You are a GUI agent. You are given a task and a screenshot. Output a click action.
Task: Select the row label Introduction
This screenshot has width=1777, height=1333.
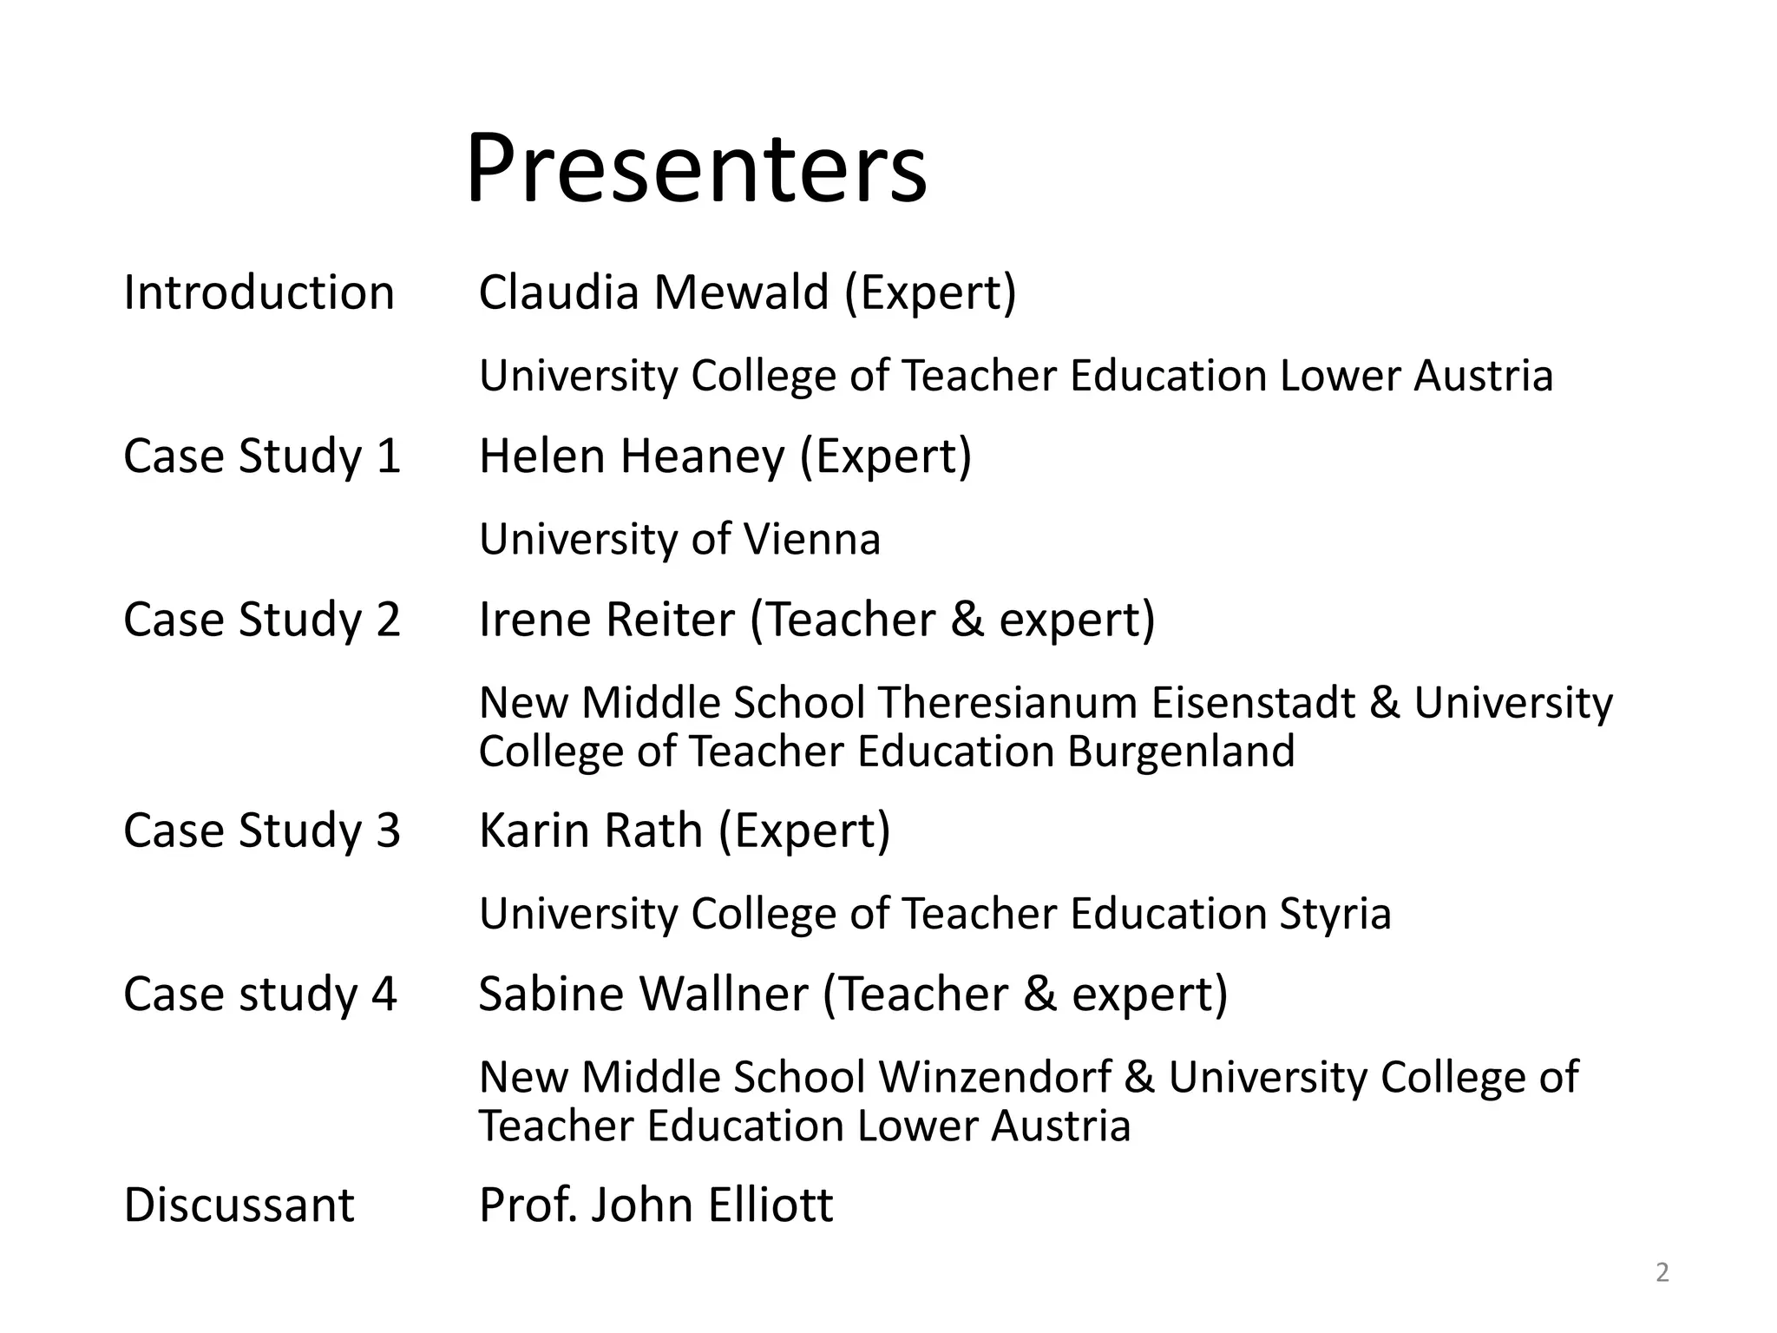coord(259,292)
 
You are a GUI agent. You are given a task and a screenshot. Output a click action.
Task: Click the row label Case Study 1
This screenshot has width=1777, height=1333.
coord(261,456)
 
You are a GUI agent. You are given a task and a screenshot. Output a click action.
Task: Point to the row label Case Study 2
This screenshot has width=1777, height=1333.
coord(261,620)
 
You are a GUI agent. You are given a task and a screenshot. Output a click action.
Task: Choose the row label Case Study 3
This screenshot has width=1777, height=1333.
coord(261,831)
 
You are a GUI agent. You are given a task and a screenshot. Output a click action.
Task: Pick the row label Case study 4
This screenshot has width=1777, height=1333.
coord(259,994)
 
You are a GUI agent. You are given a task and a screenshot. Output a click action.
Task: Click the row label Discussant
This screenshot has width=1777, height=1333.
coord(239,1205)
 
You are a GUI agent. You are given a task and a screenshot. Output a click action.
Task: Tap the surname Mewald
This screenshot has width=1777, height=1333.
coord(742,292)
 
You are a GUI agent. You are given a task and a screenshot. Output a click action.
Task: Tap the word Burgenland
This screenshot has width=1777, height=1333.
coord(1181,751)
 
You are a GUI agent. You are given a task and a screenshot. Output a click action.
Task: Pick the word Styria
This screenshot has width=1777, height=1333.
coord(1335,914)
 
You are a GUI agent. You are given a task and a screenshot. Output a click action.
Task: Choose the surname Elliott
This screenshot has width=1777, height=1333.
coord(770,1205)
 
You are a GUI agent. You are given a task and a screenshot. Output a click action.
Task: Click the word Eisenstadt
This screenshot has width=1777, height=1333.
coord(1253,702)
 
